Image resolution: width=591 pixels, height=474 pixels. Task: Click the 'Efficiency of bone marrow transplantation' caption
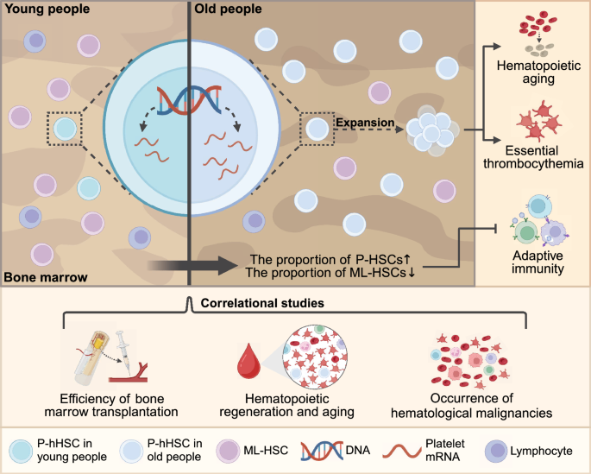point(116,405)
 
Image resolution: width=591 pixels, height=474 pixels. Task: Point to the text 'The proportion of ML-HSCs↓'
point(331,275)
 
